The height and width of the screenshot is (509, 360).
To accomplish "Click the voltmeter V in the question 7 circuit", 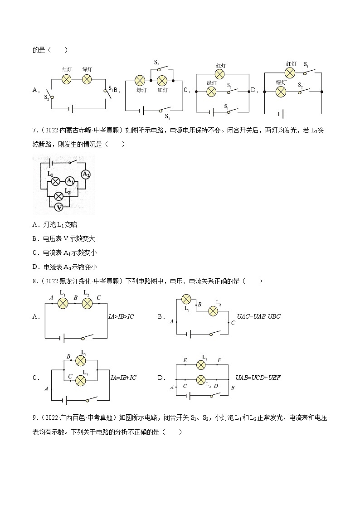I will tap(58, 207).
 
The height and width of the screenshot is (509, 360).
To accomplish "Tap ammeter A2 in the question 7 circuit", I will tap(86, 174).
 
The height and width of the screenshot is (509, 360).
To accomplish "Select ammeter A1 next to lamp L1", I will tap(69, 181).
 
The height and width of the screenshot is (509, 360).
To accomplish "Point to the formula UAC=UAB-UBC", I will tap(259, 316).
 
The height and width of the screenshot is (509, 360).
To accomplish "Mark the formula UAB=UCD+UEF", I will tap(258, 377).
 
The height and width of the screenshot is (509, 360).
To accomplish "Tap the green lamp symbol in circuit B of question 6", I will tap(140, 81).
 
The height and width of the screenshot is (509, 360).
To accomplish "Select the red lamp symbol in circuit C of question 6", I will tap(220, 74).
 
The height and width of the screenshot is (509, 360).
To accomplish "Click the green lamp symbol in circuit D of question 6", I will tap(281, 91).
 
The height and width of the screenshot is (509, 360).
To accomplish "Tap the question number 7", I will tap(34, 131).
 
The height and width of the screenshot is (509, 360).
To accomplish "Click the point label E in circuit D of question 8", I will tap(185, 360).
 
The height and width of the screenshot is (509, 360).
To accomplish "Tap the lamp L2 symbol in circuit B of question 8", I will tap(213, 310).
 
